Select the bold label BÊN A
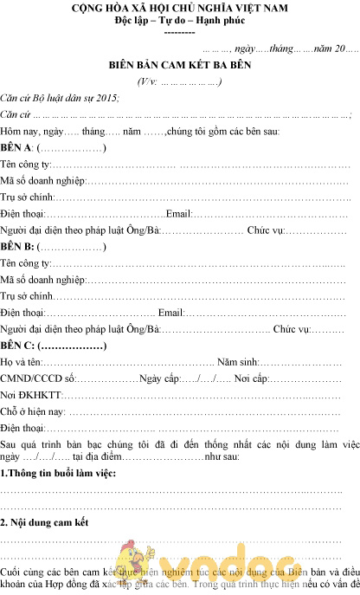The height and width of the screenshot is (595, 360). [16, 148]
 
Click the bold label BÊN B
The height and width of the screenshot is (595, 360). [16, 248]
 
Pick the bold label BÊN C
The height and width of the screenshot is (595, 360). [16, 346]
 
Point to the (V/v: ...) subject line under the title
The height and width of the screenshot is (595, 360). [179, 81]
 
